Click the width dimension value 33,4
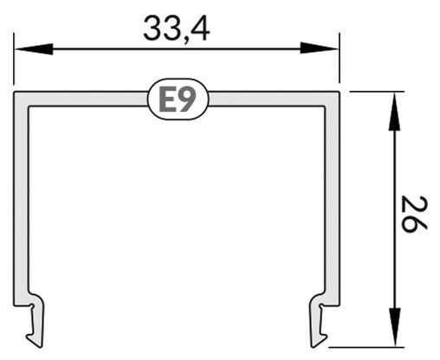click(177, 28)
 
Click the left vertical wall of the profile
click(21, 199)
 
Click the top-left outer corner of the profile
click(15, 91)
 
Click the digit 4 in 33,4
click(200, 28)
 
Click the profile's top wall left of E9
click(87, 98)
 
